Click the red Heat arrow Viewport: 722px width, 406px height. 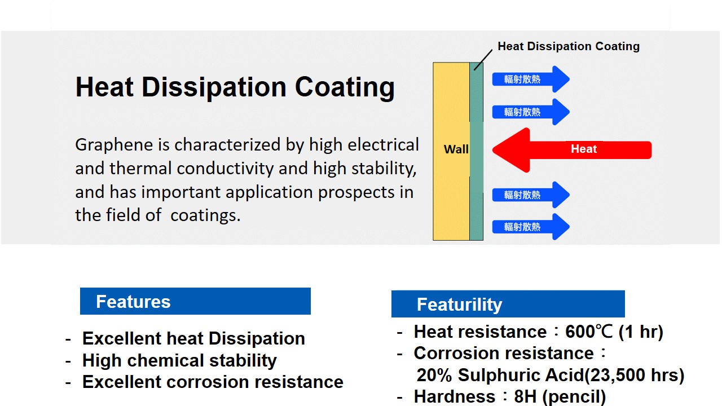point(572,150)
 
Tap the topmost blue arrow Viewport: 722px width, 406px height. point(531,80)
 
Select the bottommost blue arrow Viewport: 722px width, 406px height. point(531,227)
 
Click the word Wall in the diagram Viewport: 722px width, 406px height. point(456,149)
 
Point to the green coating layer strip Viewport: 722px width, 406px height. point(477,152)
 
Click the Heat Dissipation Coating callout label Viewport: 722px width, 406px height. point(569,46)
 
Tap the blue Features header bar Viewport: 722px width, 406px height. point(195,301)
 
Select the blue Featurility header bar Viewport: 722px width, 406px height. point(508,304)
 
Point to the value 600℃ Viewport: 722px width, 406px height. point(588,332)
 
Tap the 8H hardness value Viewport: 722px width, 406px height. point(525,396)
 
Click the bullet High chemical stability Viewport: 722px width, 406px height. point(179,360)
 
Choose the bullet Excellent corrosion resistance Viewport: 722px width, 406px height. point(213,382)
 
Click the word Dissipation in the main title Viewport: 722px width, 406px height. point(214,87)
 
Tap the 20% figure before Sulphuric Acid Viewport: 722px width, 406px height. point(434,375)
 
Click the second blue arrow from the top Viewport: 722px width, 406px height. point(531,112)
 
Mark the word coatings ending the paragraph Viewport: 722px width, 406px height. point(205,215)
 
